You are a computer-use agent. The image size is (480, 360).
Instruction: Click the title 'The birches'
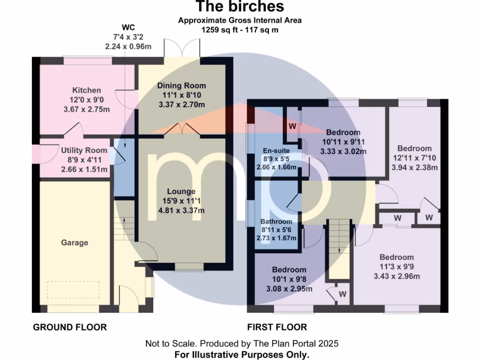tap(240, 7)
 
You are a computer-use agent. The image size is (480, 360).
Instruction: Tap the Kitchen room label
tap(86, 90)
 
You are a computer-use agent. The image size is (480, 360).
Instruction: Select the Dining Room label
tap(181, 86)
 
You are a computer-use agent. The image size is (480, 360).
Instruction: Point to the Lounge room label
tap(181, 191)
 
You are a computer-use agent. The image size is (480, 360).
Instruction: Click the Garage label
tap(75, 242)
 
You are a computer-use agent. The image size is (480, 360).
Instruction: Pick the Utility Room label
tap(84, 150)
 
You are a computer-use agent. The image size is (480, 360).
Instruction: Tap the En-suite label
tap(275, 150)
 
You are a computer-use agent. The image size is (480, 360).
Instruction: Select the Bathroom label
tap(276, 221)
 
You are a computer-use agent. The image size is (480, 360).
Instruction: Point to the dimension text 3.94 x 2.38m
tap(414, 167)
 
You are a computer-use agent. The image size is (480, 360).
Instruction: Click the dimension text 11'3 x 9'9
tap(397, 267)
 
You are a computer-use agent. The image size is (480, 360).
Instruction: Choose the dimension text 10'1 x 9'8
tap(289, 279)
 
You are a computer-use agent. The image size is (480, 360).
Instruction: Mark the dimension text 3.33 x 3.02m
tap(343, 151)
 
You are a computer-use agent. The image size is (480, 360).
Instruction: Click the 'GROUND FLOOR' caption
tap(70, 327)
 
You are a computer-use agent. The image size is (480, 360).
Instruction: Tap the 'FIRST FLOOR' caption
tap(277, 327)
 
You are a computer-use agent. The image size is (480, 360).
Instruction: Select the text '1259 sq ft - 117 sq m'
tap(240, 30)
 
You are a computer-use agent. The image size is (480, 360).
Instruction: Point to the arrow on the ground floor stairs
tap(124, 219)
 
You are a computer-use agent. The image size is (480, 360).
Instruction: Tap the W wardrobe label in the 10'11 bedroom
tap(292, 126)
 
